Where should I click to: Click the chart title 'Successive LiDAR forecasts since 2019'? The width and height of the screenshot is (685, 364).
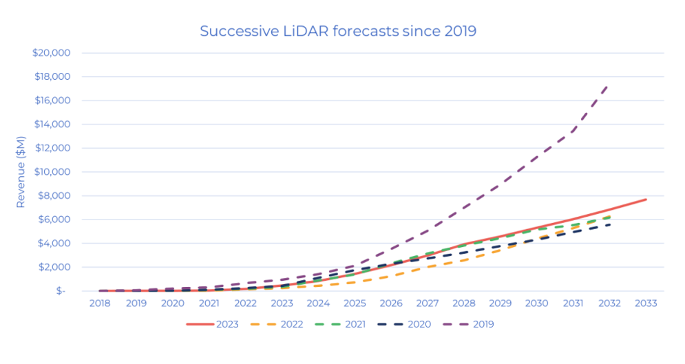pos(338,31)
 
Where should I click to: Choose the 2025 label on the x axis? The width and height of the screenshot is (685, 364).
pos(355,303)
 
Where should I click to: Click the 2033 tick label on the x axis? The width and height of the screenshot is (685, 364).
pos(646,303)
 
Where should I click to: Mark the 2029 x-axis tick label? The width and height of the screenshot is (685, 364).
pos(500,303)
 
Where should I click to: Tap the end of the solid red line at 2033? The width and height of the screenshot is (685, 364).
pos(646,200)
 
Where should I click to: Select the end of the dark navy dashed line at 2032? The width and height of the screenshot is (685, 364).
pos(609,224)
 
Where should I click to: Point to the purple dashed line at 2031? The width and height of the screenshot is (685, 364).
pos(573,131)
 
